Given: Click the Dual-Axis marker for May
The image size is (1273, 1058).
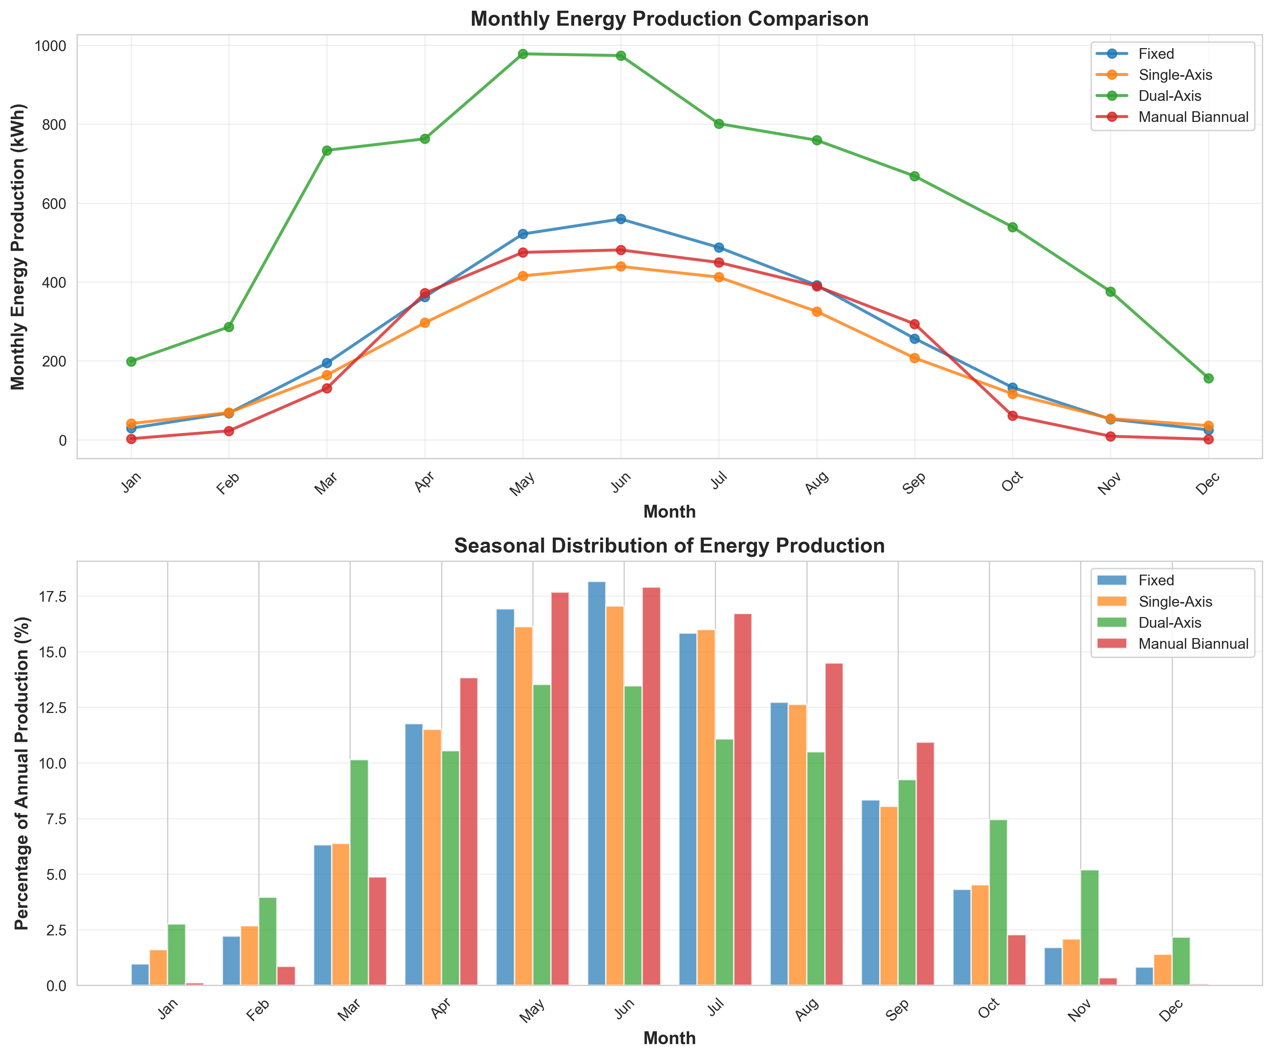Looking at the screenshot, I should (x=522, y=54).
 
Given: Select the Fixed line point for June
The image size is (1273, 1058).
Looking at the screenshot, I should (x=621, y=219).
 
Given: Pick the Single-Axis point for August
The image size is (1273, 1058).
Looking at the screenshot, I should (x=816, y=312).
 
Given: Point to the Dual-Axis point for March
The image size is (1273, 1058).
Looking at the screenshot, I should (x=327, y=150).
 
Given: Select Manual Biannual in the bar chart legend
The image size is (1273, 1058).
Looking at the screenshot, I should (x=1193, y=644).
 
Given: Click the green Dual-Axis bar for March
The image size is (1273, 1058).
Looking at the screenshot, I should (x=359, y=873).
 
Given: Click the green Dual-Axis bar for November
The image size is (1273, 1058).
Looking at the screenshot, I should (x=1089, y=928).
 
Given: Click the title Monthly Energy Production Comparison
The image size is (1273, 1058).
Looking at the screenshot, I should (x=669, y=19).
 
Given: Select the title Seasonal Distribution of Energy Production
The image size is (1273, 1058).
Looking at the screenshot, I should (x=669, y=546).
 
